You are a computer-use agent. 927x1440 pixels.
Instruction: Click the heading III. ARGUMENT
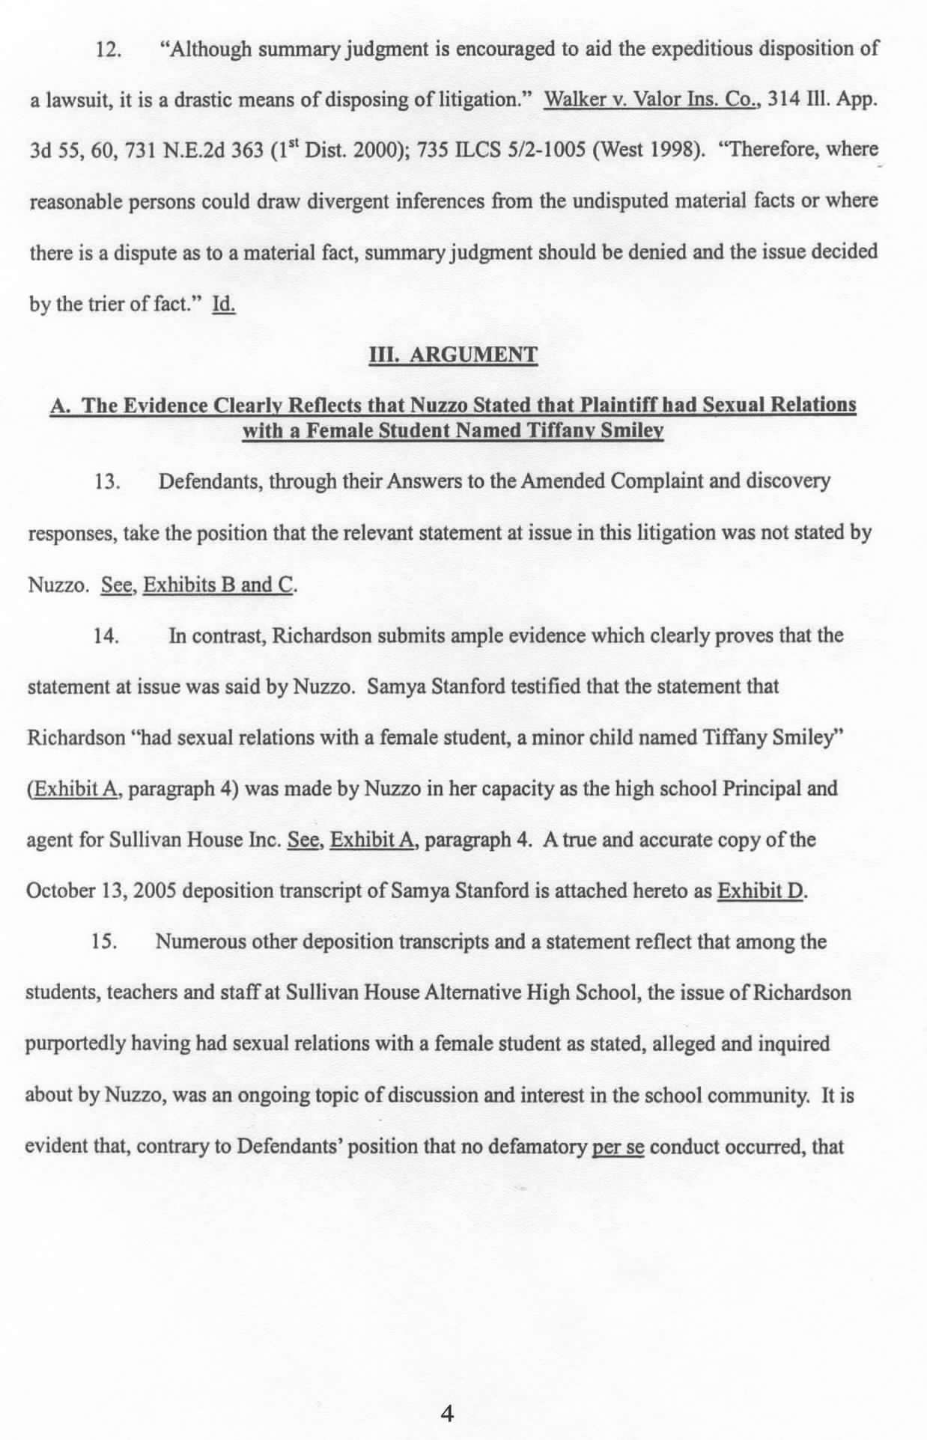point(453,354)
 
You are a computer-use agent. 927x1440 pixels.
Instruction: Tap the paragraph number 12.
point(109,49)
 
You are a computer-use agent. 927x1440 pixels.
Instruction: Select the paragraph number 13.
point(108,481)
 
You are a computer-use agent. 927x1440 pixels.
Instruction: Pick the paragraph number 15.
point(104,942)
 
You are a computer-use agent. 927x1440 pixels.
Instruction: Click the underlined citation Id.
point(224,304)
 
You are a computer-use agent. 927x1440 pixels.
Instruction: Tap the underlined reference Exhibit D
point(761,891)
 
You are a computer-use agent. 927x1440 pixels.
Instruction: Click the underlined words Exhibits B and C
point(219,585)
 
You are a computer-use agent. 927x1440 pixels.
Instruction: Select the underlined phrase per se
point(618,1147)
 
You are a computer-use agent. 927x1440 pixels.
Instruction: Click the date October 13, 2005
point(102,891)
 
